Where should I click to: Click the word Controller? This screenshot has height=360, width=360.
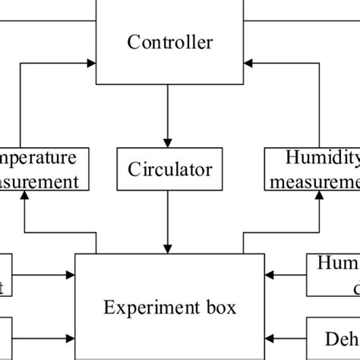(x=169, y=42)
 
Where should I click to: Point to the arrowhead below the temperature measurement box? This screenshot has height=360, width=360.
(x=25, y=195)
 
